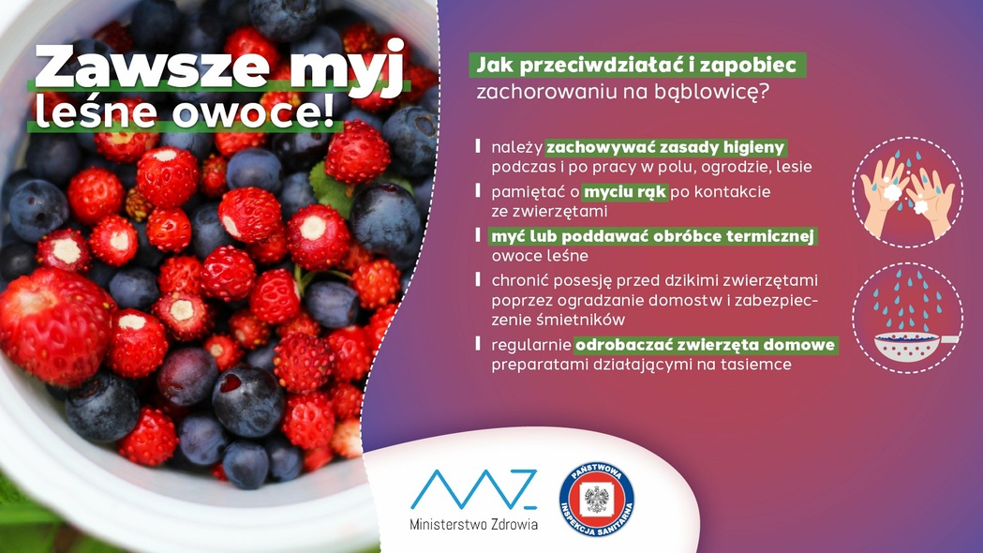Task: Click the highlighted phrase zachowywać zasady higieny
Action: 665,148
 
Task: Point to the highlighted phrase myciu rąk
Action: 625,192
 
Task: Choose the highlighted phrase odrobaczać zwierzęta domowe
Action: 706,345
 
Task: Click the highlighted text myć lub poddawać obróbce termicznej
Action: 652,236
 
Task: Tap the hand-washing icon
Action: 907,192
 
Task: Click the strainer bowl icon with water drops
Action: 907,318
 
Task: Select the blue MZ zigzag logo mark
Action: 474,489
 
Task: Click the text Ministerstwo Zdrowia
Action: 473,524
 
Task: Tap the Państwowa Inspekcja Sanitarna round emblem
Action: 596,500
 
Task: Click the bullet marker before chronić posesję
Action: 478,279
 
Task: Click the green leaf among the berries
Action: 331,189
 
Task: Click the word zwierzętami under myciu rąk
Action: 549,211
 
